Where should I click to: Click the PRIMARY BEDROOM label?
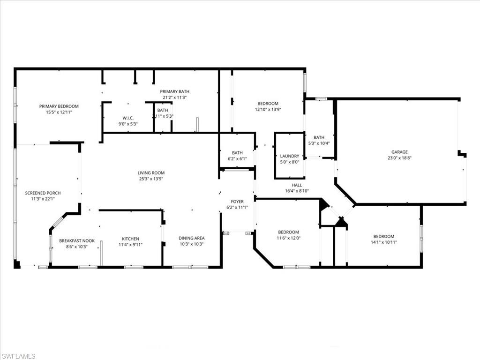(59, 106)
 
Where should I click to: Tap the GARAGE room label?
(399, 152)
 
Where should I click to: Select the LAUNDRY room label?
(289, 156)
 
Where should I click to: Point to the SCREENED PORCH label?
(43, 193)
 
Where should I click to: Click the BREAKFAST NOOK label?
(76, 241)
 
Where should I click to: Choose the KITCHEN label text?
(130, 239)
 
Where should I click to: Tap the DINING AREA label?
(191, 238)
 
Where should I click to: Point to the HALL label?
(297, 185)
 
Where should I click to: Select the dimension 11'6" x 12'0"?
(288, 238)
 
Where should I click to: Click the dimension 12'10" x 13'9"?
(268, 110)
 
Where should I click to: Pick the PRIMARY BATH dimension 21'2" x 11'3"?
(174, 97)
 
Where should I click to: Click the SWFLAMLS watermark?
(18, 356)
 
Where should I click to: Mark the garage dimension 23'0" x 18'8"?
(399, 158)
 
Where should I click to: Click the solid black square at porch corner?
(17, 264)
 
